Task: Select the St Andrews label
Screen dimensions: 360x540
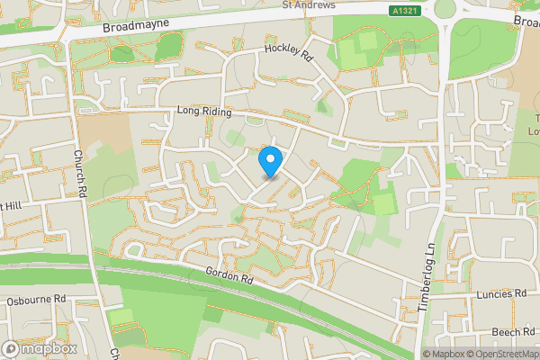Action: [x=309, y=4]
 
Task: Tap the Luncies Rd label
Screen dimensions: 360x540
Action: [x=503, y=293]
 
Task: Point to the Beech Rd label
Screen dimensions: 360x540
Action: [x=513, y=332]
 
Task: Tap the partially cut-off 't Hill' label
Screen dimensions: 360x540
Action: [x=11, y=205]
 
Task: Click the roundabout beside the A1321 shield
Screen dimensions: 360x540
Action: [x=445, y=9]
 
